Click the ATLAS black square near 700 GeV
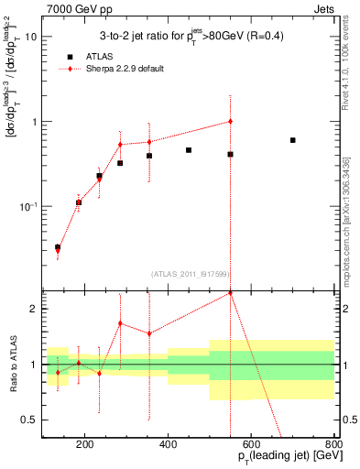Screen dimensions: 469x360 click(292, 140)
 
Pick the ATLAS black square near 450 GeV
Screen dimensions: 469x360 click(189, 150)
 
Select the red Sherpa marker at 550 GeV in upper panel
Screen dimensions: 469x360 click(230, 121)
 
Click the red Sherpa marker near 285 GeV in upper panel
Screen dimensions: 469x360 click(120, 144)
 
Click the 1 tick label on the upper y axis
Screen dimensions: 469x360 click(33, 122)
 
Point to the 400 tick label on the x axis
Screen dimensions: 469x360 click(168, 446)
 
